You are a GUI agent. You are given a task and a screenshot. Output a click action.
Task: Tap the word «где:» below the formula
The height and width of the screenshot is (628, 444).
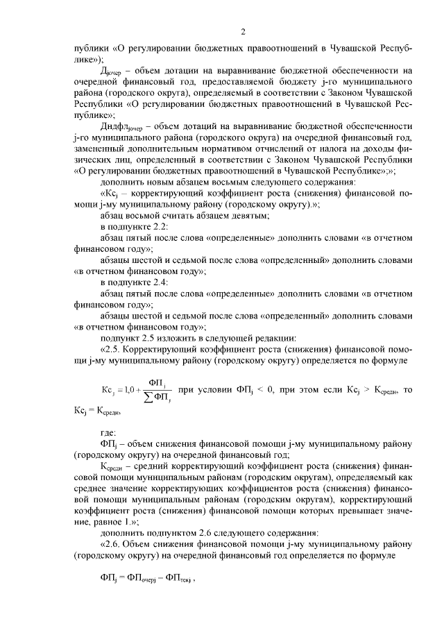[x=111, y=432]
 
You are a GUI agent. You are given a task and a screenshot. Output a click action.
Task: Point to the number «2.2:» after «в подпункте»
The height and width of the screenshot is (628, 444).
[x=157, y=227]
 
